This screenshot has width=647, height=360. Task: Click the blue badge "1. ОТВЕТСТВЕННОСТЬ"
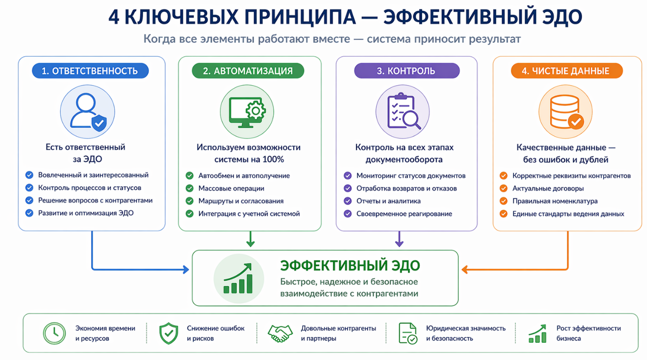coord(90,71)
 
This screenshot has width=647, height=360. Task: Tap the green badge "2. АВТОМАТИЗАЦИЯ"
coord(248,71)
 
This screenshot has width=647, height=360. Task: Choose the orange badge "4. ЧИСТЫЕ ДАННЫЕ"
coord(566,71)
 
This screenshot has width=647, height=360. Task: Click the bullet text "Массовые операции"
coord(231,188)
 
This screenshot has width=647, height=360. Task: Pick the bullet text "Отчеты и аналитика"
coord(388,201)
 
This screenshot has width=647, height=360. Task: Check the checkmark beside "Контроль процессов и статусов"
coord(29,188)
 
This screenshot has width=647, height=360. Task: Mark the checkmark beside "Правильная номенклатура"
coord(503,201)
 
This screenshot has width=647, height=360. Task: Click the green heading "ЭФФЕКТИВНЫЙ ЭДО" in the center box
coord(350,265)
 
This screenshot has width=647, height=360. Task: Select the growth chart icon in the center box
coord(239,278)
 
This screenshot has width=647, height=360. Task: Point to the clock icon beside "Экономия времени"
coord(54,333)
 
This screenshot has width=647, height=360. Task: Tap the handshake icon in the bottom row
coord(280,333)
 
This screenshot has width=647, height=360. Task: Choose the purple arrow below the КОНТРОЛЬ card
coord(399,240)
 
